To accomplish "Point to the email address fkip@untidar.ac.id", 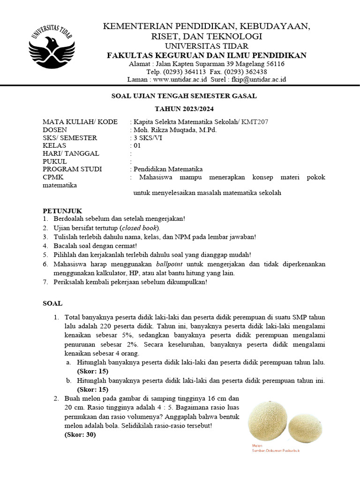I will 257,80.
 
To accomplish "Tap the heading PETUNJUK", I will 62,210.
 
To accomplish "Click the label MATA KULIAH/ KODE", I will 80,122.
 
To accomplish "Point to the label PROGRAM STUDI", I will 72,169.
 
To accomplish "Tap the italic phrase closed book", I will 140,228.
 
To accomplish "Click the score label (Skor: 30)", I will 80,435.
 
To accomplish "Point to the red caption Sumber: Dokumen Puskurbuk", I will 276,450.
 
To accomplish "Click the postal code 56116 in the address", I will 275,64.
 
